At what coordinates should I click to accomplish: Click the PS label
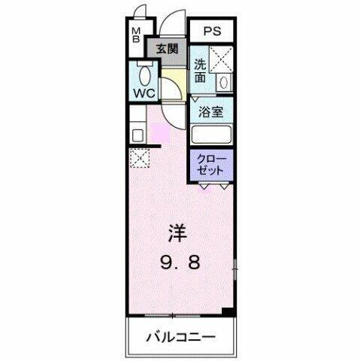click(211, 32)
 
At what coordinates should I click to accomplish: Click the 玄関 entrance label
click(167, 50)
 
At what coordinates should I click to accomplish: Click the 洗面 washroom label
click(200, 71)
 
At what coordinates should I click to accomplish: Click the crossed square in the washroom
click(221, 58)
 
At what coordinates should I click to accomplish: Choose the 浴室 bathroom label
click(210, 113)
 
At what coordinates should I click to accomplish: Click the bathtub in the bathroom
click(210, 135)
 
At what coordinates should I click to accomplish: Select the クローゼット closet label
click(210, 164)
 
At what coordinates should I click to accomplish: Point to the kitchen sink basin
click(138, 136)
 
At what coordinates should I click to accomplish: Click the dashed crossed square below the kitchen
click(139, 158)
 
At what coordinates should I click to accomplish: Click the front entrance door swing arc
click(173, 23)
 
